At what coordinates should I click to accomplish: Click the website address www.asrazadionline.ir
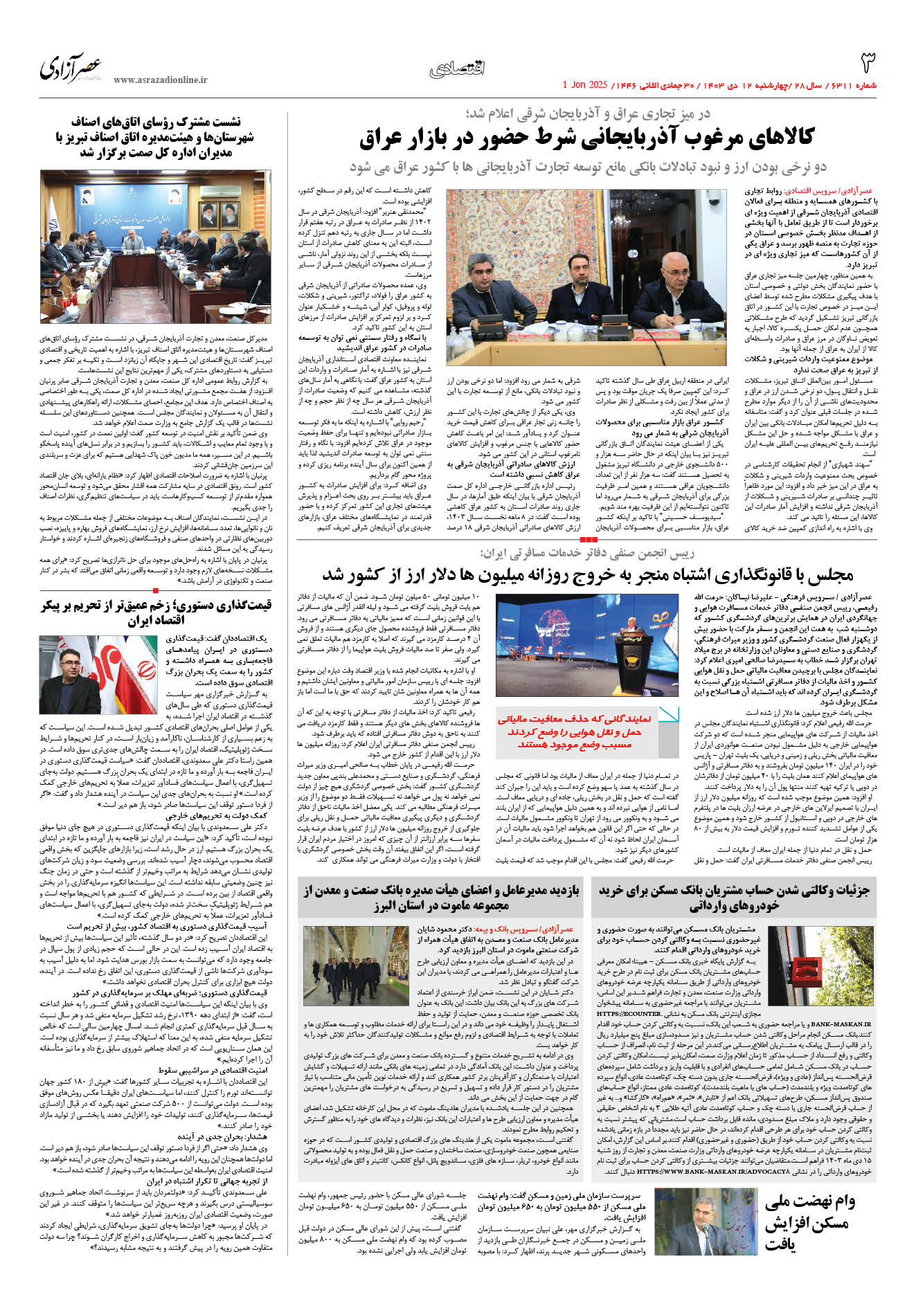click(160, 80)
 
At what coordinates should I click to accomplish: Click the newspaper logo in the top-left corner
click(71, 68)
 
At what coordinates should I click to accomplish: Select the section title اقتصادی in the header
click(457, 69)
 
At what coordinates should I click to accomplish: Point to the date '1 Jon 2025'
click(584, 85)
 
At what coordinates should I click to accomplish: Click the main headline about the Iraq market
click(586, 138)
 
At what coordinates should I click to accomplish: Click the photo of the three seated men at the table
click(586, 277)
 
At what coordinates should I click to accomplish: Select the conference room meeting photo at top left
click(155, 246)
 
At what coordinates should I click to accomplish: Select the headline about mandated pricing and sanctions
click(155, 612)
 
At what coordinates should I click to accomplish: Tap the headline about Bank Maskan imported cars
click(733, 898)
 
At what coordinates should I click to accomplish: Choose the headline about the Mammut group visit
click(441, 898)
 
